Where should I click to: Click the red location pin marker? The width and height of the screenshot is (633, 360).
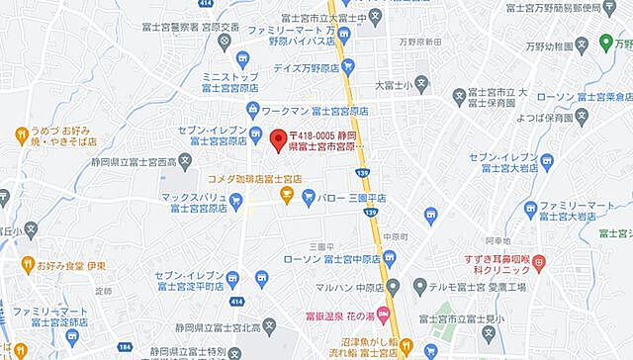coord(279,138)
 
